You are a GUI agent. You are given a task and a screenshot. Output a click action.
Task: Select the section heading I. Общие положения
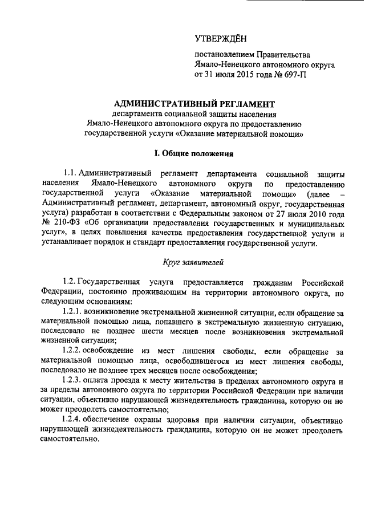pos(194,153)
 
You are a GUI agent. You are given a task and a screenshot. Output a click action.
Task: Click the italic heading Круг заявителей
pos(194,263)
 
